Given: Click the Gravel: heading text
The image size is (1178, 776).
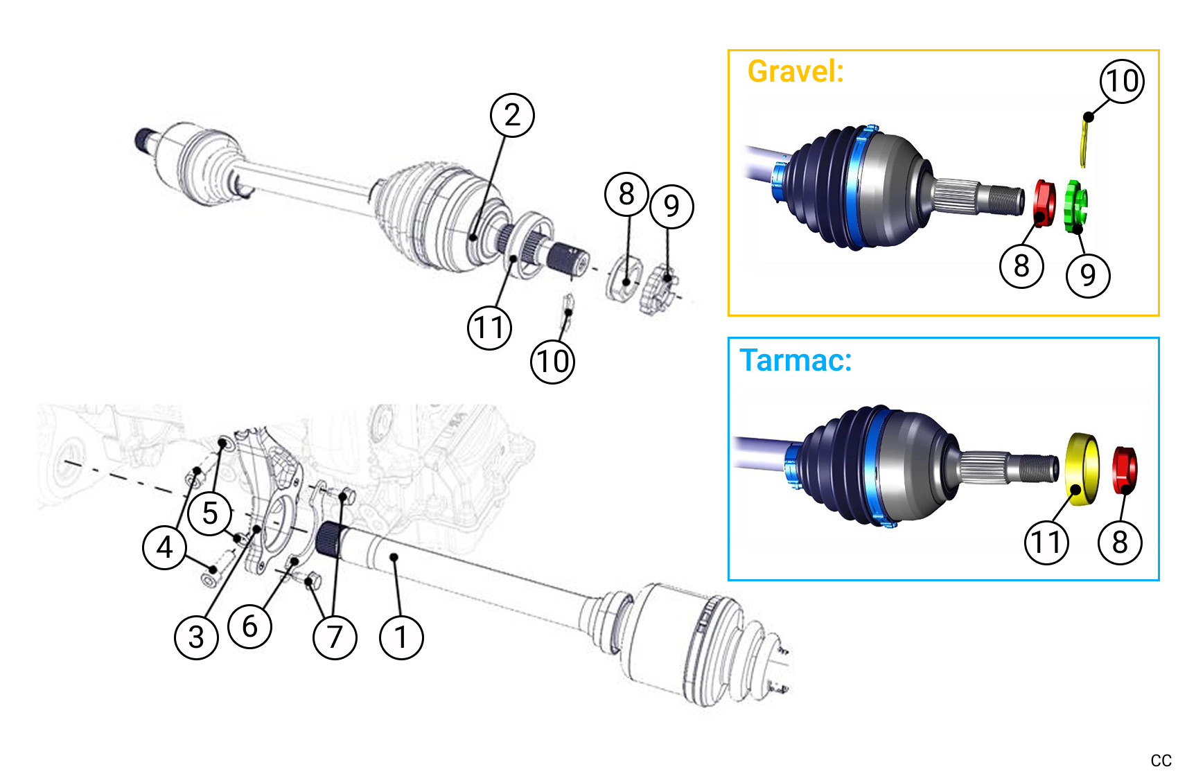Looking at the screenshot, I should [795, 71].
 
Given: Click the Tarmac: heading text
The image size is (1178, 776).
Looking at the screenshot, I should [795, 360].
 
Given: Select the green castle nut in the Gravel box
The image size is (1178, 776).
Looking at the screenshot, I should [1075, 206].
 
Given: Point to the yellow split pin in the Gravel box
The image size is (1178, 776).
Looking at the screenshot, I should [1084, 142].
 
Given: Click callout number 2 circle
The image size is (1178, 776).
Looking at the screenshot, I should [512, 115].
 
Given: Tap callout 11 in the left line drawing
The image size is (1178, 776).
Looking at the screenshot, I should [489, 327].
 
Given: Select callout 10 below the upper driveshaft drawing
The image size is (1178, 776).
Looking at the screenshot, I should [552, 361].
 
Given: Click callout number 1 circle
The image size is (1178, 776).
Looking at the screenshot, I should [401, 637].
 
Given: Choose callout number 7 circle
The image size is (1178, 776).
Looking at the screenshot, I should [335, 637].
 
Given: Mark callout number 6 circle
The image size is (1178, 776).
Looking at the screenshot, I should [249, 626].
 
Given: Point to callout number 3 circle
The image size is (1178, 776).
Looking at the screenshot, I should [196, 637].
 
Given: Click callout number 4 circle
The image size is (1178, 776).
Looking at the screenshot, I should [164, 547].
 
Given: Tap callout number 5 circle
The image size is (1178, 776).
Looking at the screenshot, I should [210, 513].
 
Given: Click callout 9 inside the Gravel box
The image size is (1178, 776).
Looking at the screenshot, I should [1088, 275].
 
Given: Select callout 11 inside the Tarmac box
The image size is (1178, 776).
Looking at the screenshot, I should [1046, 542].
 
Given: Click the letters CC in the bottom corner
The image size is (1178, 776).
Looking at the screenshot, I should [1161, 761].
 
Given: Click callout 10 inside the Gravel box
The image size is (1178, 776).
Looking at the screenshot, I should [1122, 81].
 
